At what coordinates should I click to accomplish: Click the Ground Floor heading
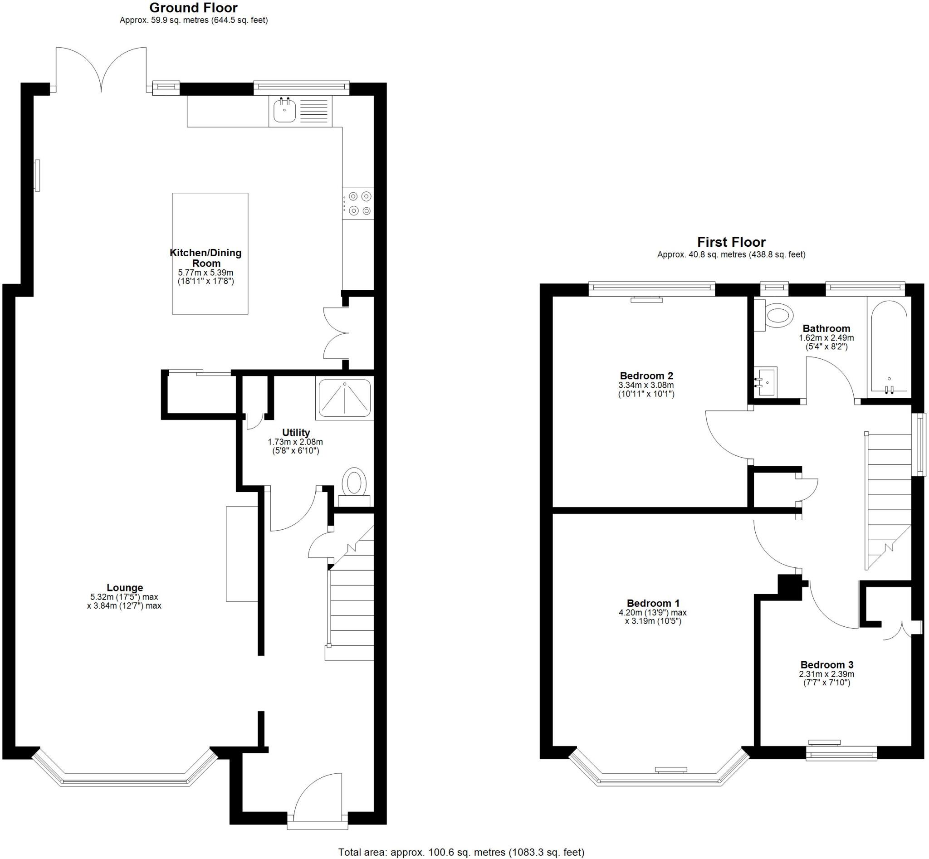click(x=193, y=8)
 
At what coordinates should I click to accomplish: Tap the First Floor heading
click(x=731, y=242)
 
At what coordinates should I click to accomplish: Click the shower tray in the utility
click(x=345, y=398)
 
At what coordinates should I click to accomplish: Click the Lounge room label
click(x=125, y=587)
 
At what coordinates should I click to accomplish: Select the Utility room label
click(x=296, y=433)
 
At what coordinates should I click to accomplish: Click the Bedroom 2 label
click(x=646, y=376)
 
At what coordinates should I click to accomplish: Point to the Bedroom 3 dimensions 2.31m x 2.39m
click(x=826, y=674)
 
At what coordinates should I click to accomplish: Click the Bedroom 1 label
click(x=653, y=603)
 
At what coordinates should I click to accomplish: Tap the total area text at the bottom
click(x=461, y=852)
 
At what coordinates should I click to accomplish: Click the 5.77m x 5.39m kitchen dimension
click(x=205, y=273)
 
